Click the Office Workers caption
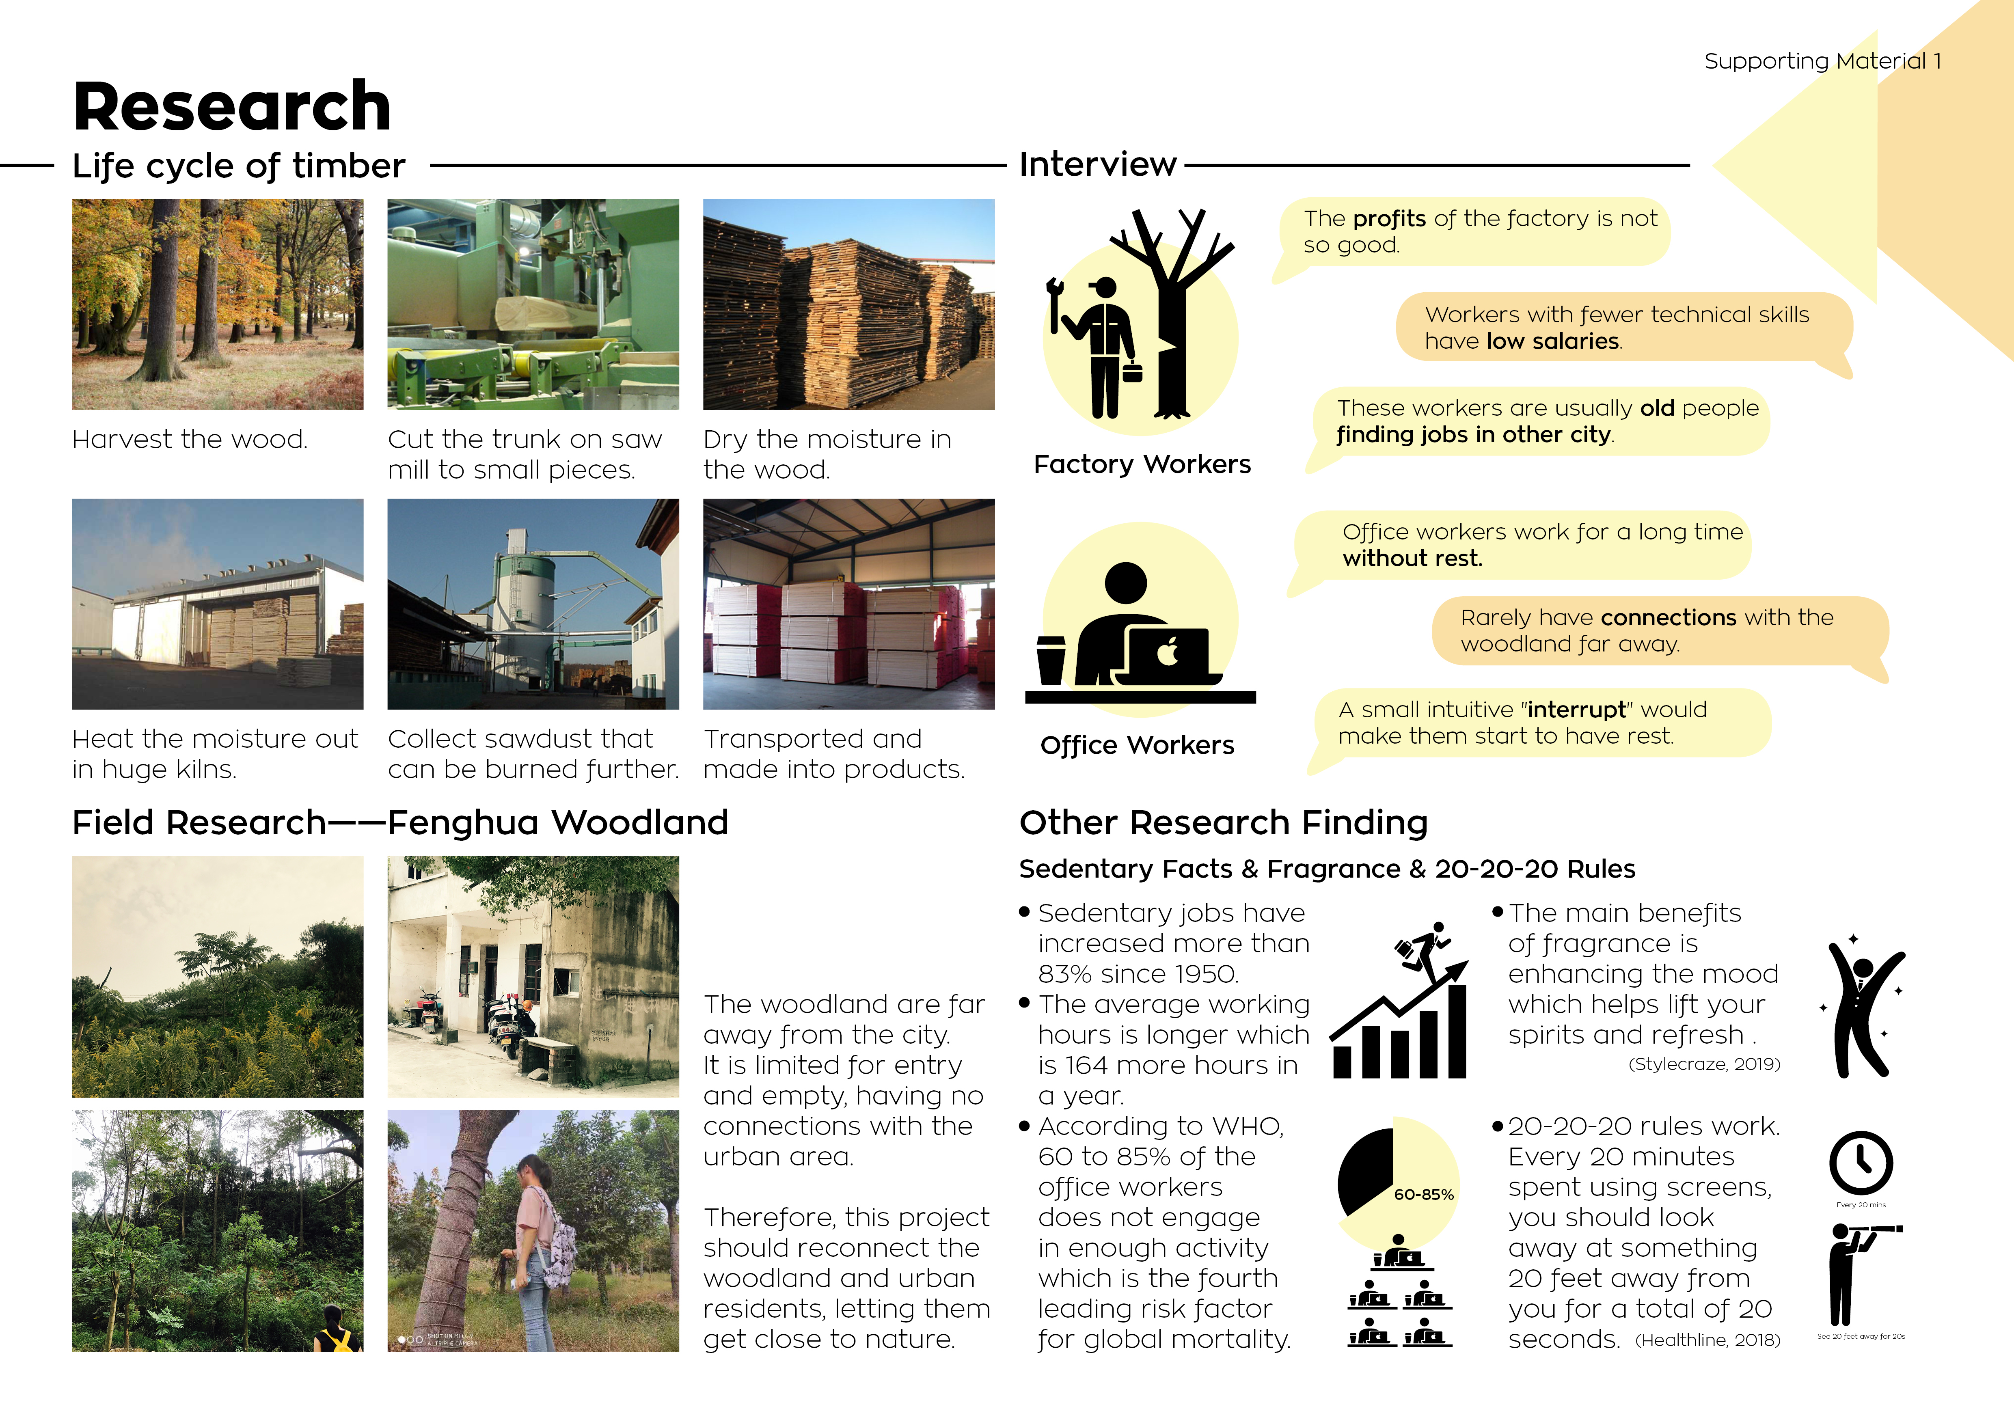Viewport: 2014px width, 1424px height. (x=1137, y=745)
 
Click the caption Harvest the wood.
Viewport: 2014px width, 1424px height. (x=190, y=439)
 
